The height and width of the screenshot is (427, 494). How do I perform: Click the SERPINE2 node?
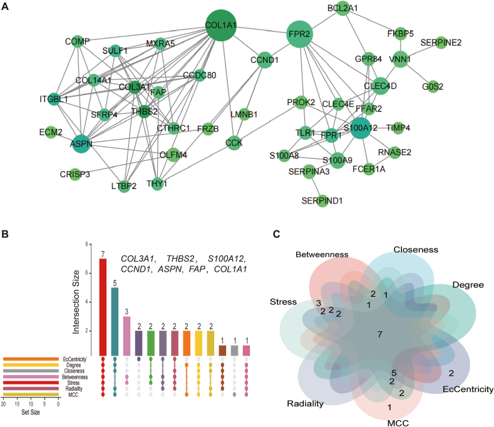point(441,43)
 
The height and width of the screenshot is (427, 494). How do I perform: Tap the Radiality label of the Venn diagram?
point(306,404)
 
